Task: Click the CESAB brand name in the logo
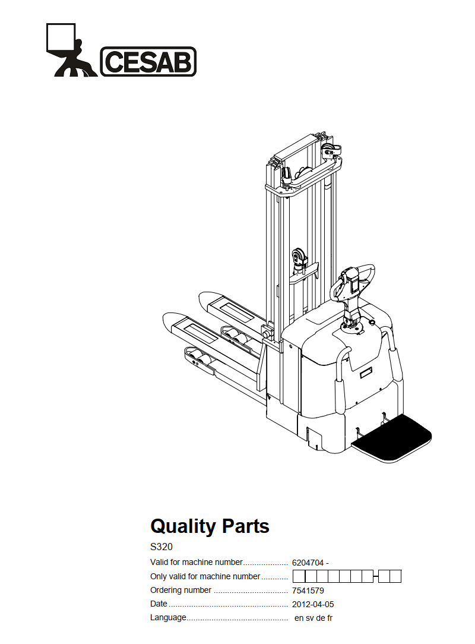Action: point(148,62)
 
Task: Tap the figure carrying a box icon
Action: point(71,50)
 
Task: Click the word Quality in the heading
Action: point(183,527)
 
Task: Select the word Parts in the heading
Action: point(245,526)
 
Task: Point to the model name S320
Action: point(161,547)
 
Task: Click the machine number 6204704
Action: point(308,563)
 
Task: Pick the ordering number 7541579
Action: point(308,591)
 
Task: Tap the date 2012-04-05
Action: point(313,604)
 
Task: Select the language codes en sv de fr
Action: point(313,618)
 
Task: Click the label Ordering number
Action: point(180,590)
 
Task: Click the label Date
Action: point(159,604)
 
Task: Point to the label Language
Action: point(168,618)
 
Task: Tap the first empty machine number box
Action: point(299,577)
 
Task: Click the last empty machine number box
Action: point(395,577)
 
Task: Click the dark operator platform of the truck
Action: point(391,438)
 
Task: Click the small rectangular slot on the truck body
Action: point(365,373)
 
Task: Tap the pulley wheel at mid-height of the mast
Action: point(299,257)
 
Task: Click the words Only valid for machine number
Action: point(205,576)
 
